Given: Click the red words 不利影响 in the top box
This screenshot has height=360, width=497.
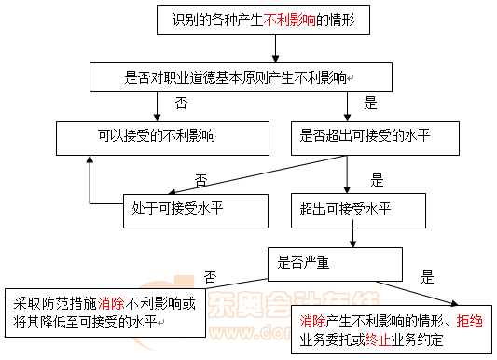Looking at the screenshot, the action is pos(290,20).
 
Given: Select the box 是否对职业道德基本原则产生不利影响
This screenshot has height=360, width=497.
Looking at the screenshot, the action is pos(241,77).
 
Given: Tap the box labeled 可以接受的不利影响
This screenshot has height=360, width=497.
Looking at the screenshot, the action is pos(162,138).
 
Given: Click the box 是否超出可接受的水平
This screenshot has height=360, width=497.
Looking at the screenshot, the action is pos(375,138).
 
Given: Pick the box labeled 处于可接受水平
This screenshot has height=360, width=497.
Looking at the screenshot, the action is pos(196,211).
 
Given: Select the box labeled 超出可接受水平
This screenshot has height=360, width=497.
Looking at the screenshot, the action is pos(358,211).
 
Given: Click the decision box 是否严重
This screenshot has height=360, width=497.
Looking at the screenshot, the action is pos(336,264).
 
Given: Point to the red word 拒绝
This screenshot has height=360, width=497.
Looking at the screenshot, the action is pos(469,322).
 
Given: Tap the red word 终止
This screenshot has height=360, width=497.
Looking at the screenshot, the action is pos(378,340).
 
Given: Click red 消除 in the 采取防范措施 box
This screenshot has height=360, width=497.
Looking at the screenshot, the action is pos(111,304).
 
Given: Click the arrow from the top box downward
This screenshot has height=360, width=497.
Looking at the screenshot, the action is pos(275,48).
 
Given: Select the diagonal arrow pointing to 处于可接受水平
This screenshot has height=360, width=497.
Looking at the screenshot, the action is pos(257,174).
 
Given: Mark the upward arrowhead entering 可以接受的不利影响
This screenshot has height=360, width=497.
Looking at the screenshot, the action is pos(90,159).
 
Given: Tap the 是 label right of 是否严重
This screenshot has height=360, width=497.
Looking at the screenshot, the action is pos(427,277).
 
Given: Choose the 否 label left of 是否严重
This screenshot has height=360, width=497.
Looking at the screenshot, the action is pos(210,277).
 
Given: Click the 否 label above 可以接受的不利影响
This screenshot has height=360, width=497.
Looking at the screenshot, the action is pos(181,103).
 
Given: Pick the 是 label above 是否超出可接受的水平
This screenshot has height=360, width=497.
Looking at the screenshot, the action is pos(370,103).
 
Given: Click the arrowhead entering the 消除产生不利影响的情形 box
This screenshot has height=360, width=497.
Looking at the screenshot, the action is pos(454,304).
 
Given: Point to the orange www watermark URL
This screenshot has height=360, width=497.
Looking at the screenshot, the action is pos(251,332).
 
